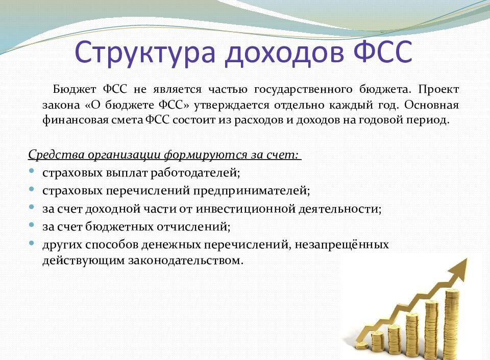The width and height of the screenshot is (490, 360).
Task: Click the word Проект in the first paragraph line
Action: [439, 90]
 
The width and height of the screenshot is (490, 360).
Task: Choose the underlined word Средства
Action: [51, 155]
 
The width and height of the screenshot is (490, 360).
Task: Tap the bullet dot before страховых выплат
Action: [32, 171]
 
